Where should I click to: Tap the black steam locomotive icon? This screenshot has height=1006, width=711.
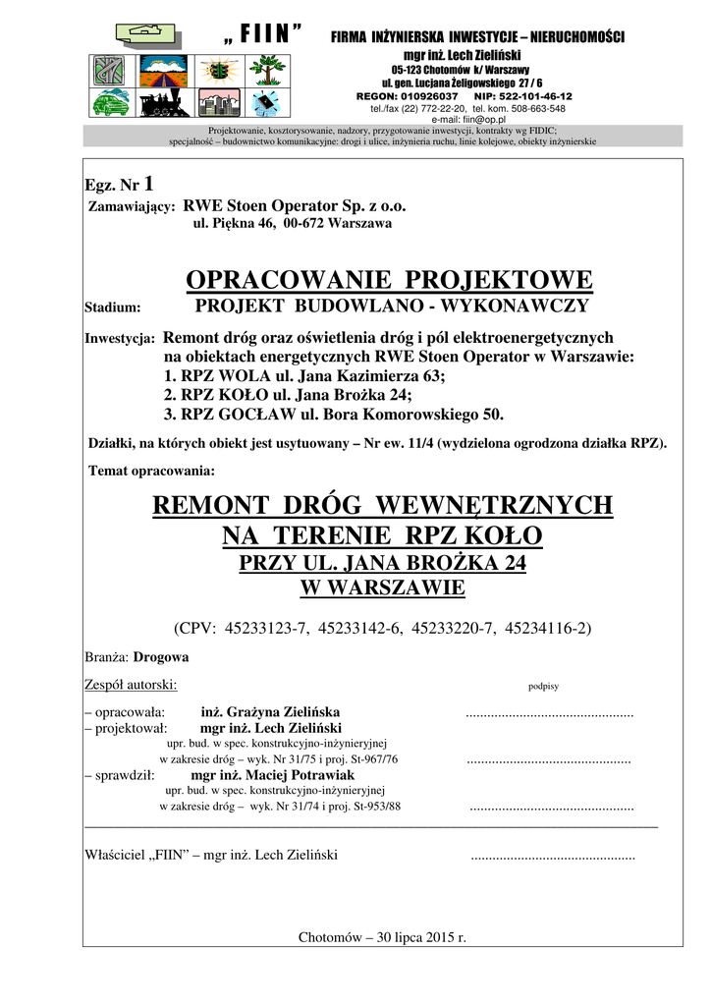click(x=164, y=101)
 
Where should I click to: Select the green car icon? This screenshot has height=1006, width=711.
click(x=112, y=102)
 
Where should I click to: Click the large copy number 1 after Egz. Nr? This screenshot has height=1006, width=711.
click(x=148, y=183)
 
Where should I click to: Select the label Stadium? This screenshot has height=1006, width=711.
click(x=113, y=307)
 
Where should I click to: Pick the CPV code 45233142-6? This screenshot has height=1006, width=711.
click(x=360, y=626)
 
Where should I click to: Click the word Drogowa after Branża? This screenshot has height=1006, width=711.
click(x=161, y=656)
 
